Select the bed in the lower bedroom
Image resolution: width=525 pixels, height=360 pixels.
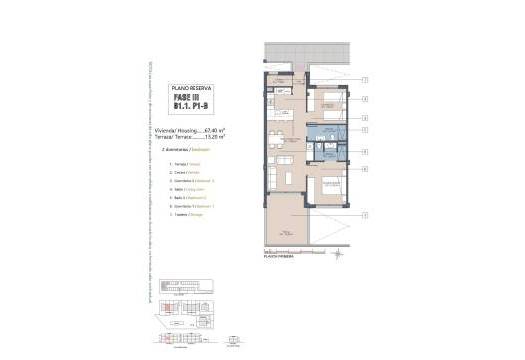coord(326,186)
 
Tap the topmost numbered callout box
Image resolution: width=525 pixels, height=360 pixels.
coord(365,80)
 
